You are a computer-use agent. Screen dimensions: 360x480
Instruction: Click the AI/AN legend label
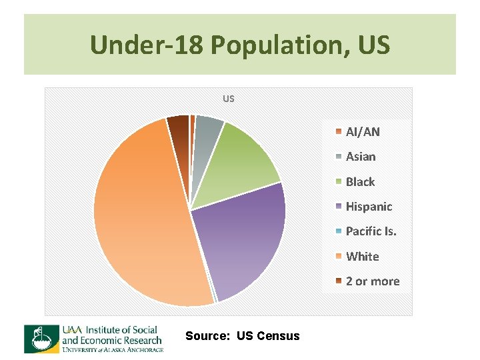coord(363,131)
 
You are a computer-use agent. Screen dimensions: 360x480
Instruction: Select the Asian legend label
coord(361,157)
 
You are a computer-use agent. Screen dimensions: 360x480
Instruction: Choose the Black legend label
coord(360,181)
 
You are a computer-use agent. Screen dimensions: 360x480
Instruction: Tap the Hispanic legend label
coord(369,207)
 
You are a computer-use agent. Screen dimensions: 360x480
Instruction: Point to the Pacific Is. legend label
coord(371,231)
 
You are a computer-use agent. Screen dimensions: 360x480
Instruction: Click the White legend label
coord(362,256)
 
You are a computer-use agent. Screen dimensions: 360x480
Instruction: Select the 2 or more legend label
coord(372,281)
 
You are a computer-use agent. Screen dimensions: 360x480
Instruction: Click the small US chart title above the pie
coord(229,99)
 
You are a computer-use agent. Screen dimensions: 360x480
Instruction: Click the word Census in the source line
coord(279,336)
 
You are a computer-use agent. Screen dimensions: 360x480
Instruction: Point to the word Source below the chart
coord(207,336)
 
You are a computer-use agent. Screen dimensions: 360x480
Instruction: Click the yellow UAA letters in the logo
coord(71,329)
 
